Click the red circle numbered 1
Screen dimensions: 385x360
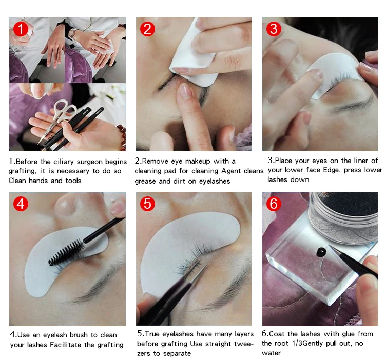click(21, 28)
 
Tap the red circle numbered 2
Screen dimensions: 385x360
click(147, 28)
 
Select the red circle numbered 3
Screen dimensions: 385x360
click(274, 28)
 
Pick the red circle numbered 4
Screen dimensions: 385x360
click(21, 203)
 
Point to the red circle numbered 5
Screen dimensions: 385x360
click(147, 203)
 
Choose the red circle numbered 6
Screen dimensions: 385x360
click(274, 203)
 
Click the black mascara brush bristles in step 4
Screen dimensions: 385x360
click(66, 252)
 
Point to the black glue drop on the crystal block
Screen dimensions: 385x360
click(321, 252)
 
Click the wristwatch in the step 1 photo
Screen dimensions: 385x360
click(73, 34)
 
